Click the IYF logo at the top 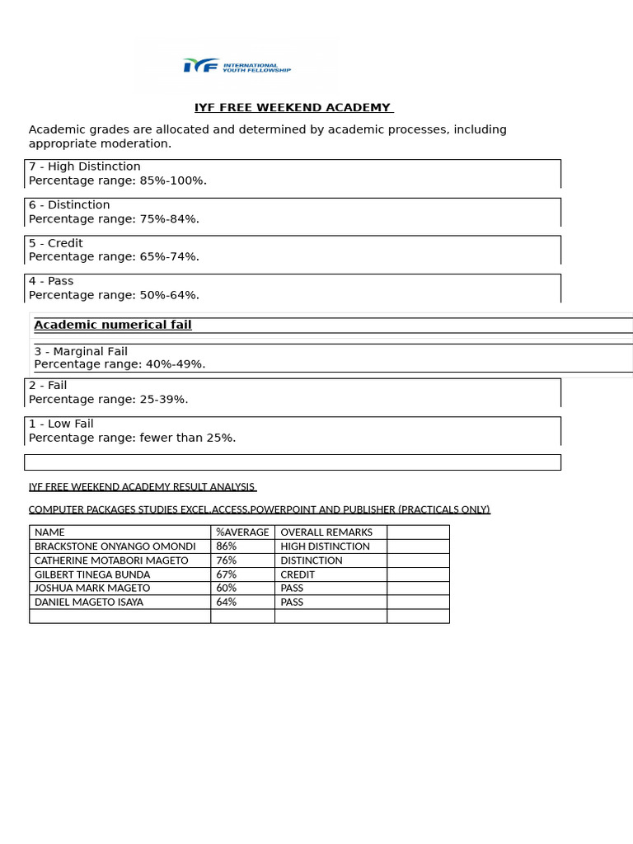click(236, 66)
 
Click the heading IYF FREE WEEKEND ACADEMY click(293, 108)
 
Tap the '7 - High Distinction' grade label click(85, 166)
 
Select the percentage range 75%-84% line click(114, 219)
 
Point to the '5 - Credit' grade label click(56, 243)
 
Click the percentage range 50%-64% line click(114, 295)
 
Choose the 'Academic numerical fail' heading click(113, 325)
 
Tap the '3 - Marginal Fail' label click(81, 351)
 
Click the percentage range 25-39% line click(108, 400)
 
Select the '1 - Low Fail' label click(61, 424)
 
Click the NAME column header click(49, 532)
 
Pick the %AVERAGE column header click(242, 532)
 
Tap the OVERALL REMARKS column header click(326, 532)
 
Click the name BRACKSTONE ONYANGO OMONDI click(115, 546)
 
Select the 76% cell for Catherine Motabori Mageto click(227, 560)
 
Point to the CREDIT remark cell click(298, 574)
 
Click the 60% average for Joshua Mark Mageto click(227, 588)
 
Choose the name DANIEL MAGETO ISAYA click(89, 603)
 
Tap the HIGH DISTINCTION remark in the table click(325, 546)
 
